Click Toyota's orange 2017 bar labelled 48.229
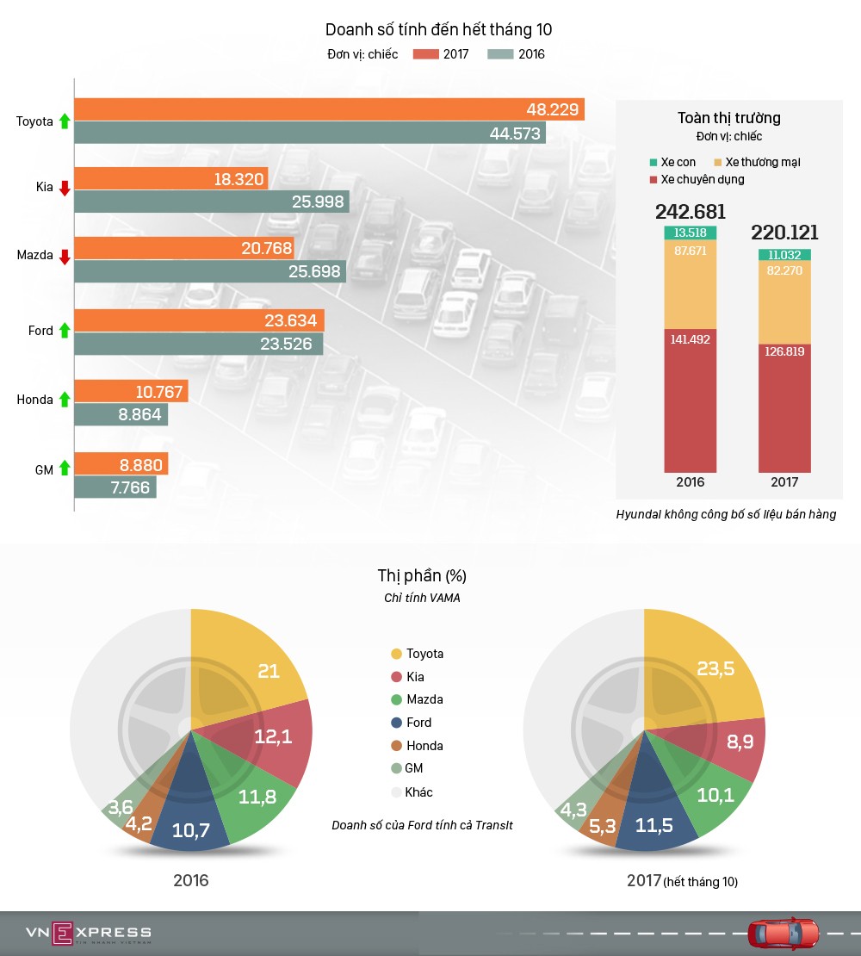pos(329,109)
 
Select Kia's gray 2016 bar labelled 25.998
pos(212,202)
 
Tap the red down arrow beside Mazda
pos(64,256)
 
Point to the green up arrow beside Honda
pos(64,400)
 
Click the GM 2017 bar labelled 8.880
pos(121,464)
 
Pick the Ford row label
pos(40,331)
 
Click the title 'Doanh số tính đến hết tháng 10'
pos(438,30)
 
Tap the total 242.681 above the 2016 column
pos(690,212)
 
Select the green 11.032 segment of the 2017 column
pos(784,255)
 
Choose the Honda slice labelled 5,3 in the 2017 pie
pos(604,823)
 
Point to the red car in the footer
pos(784,933)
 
